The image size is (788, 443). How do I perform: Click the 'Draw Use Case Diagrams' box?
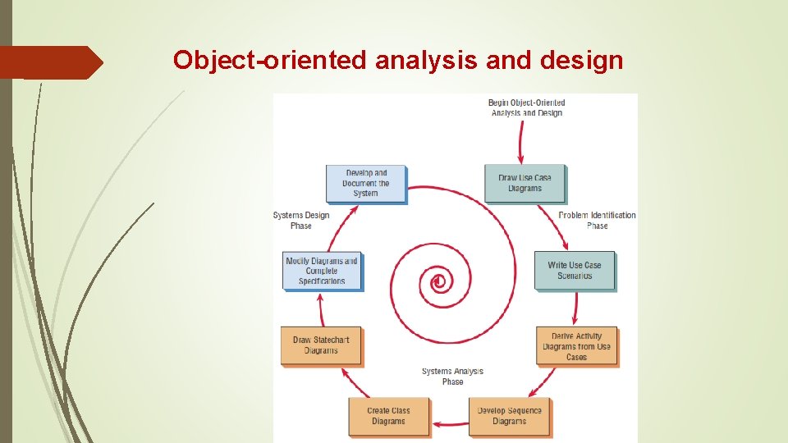pyautogui.click(x=525, y=183)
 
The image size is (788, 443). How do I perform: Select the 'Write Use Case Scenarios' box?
pyautogui.click(x=574, y=270)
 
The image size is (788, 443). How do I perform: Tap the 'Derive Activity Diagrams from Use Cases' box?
pyautogui.click(x=576, y=346)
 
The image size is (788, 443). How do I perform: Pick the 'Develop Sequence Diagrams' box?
pyautogui.click(x=509, y=416)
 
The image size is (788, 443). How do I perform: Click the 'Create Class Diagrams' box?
pyautogui.click(x=388, y=416)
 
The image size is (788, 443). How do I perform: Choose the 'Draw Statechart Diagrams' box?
pyautogui.click(x=320, y=345)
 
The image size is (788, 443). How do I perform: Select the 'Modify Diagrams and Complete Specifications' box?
pyautogui.click(x=321, y=271)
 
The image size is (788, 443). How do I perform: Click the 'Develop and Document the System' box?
pyautogui.click(x=365, y=183)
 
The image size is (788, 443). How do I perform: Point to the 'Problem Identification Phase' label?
pyautogui.click(x=597, y=220)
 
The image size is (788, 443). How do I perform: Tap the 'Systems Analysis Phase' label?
pyautogui.click(x=452, y=377)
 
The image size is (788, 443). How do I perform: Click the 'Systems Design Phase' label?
pyautogui.click(x=300, y=220)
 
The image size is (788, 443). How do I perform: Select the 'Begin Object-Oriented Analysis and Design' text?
pyautogui.click(x=526, y=107)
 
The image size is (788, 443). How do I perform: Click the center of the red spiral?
pyautogui.click(x=439, y=282)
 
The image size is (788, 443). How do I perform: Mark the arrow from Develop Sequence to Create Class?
pyautogui.click(x=449, y=424)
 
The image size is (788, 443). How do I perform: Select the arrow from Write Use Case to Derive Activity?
pyautogui.click(x=575, y=308)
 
